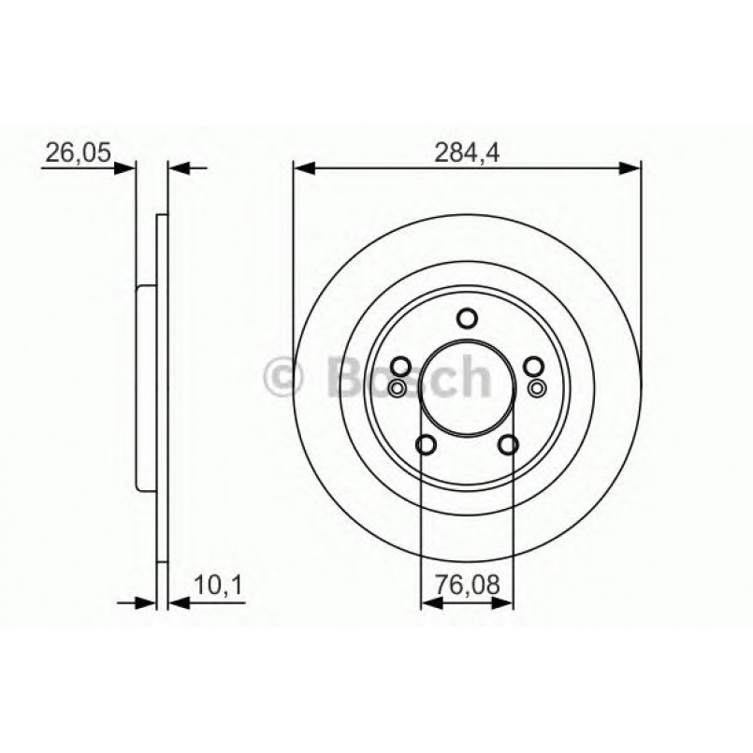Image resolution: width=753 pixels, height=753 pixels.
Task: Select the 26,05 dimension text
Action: coord(73,151)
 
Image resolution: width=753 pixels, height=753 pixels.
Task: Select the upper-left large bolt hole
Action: coord(400,367)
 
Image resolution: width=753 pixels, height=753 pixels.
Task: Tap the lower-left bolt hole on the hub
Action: coord(426,445)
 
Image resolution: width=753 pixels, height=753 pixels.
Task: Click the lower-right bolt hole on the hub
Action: coord(509,445)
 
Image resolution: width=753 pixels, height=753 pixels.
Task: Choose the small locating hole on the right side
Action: coord(537,387)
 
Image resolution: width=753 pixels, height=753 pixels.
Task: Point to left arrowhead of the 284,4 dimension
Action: coord(303,168)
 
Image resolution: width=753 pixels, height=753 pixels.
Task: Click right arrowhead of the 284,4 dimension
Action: coord(631,168)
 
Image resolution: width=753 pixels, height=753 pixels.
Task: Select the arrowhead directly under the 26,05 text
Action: coord(125,169)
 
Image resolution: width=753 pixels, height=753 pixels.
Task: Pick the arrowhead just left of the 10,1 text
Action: coord(177,601)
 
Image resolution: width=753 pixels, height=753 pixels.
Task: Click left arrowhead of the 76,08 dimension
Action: coord(430,601)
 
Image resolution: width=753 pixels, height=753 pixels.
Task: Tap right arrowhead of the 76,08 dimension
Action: coord(505,601)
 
